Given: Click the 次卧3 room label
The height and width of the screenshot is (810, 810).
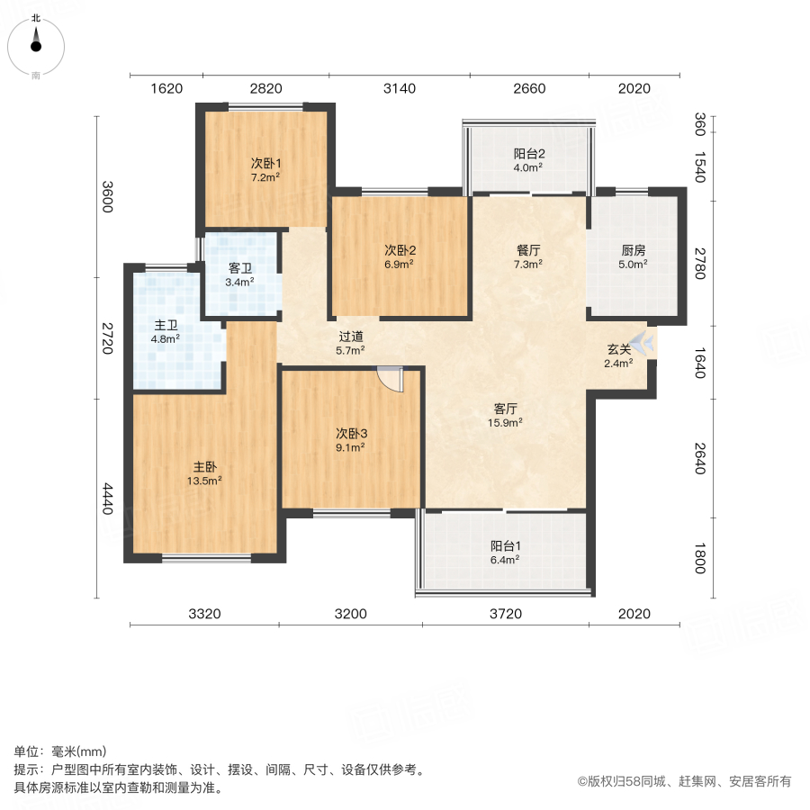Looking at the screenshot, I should (351, 433).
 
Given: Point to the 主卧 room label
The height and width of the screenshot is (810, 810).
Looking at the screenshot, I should (204, 467).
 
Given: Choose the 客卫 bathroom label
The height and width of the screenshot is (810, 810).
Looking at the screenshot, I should (239, 268).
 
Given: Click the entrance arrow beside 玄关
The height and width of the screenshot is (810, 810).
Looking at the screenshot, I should (643, 343).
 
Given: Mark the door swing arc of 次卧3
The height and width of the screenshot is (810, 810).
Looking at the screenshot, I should (393, 381).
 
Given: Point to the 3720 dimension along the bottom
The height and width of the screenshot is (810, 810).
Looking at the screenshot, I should (506, 614).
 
